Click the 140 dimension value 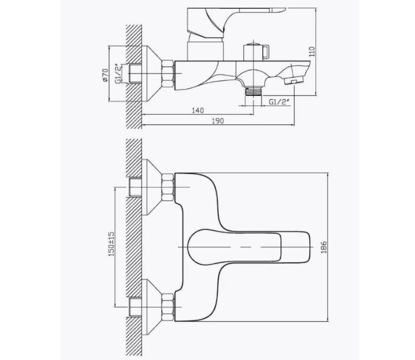coord(198,110)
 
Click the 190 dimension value coord(218,121)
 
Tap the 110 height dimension coord(312,52)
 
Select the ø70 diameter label coord(105,75)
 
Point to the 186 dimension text coord(324,247)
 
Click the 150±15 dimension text coord(111,244)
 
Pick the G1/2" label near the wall coord(120,74)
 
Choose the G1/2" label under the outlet coord(279,102)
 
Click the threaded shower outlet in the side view coord(253,91)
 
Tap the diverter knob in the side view coord(256,51)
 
